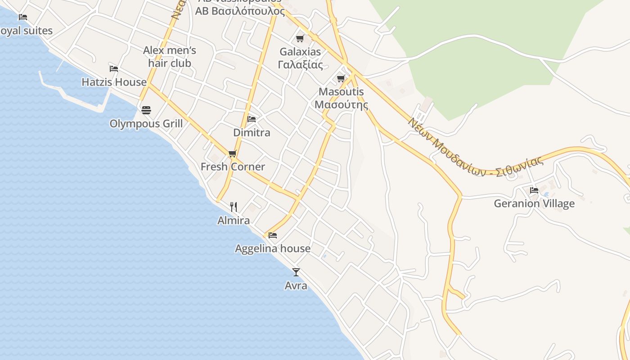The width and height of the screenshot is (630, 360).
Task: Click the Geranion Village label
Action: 534,203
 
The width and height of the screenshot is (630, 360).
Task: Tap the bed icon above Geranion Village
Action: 534,190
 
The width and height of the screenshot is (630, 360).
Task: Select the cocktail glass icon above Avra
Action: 296,272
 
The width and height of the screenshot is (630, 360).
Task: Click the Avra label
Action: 296,286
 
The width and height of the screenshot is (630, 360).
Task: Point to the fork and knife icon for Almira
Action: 233,207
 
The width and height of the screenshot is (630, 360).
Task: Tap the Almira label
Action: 233,220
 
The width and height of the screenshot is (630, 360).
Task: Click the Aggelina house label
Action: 273,248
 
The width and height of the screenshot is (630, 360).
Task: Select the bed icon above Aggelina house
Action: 273,235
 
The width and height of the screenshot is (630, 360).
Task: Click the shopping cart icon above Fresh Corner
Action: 233,154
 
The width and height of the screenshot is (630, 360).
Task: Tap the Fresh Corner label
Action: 233,167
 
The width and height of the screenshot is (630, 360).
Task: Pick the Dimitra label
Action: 252,133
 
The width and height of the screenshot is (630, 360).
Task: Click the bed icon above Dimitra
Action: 252,119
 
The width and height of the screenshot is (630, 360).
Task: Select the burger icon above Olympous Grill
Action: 146,110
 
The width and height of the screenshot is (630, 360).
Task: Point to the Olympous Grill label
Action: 146,123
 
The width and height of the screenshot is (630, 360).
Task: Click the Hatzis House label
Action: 114,82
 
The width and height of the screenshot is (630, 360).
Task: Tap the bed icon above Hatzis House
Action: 114,69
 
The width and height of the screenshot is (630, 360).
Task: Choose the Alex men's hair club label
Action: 170,57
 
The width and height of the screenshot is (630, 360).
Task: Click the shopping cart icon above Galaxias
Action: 300,39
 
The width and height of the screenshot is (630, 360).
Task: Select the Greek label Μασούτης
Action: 341,105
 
